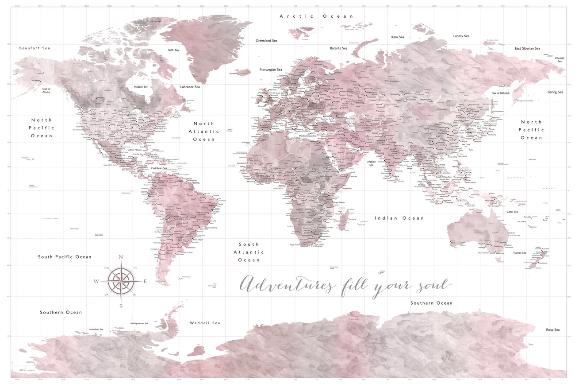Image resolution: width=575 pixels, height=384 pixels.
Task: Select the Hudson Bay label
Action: pos(141,87)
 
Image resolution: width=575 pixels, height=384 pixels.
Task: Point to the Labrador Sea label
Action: pos(190,87)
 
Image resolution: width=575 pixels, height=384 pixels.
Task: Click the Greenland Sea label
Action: pos(266,41)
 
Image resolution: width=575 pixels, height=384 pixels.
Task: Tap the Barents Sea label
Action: pos(338,48)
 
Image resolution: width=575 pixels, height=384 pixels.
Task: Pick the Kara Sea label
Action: pos(398,37)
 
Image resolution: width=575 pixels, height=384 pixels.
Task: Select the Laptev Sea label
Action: pos(461,36)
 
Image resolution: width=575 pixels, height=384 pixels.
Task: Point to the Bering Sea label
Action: pos(555,92)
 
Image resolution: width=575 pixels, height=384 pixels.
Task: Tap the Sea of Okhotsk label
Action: pos(501,93)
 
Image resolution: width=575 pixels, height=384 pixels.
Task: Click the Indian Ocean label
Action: pos(399,218)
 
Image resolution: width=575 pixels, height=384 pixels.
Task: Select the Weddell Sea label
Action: pos(205,323)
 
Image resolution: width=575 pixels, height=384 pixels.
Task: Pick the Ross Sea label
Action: pos(552,330)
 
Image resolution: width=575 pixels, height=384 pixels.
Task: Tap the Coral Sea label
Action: pos(512,212)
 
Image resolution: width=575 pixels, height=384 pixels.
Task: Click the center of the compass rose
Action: pos(121,281)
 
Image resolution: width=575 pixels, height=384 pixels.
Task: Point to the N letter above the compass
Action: pos(121,257)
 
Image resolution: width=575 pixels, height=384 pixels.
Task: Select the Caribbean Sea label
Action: pos(159,168)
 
